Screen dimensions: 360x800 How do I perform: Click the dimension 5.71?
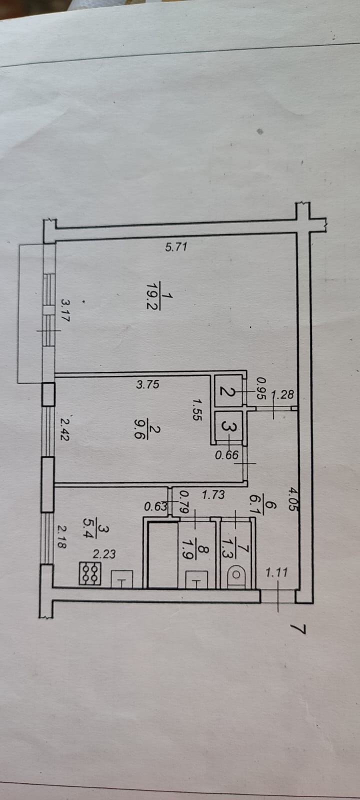point(175,246)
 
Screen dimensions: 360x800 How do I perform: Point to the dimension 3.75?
point(147,384)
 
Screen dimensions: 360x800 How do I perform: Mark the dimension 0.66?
point(226,455)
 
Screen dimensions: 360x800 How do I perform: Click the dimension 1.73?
point(213,495)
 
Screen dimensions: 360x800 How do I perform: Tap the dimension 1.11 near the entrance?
point(276,572)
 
